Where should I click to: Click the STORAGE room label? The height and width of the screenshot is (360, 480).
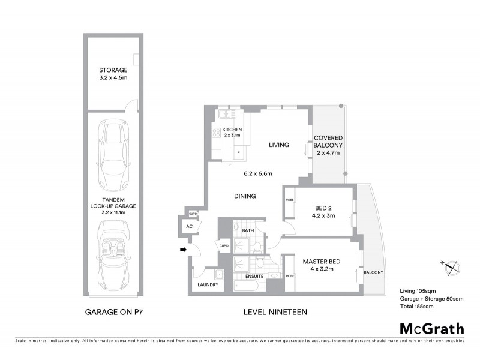[114, 70]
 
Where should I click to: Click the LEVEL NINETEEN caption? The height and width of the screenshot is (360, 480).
[276, 312]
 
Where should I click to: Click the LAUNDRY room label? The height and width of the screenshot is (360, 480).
[207, 286]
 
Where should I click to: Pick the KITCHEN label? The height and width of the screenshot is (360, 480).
[232, 130]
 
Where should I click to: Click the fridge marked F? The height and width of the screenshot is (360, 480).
[239, 152]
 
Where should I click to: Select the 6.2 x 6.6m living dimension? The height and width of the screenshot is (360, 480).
[258, 174]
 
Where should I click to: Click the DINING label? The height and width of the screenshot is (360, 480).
[246, 196]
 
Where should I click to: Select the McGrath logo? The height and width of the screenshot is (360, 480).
[431, 328]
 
